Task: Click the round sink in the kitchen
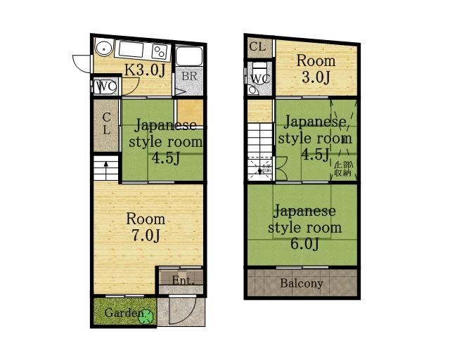tap(103, 49)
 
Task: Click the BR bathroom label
tap(189, 76)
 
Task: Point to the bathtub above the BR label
tap(189, 56)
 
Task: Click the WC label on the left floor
tap(105, 86)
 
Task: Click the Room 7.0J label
tap(146, 227)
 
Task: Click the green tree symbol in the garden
tap(146, 316)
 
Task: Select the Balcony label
tap(302, 284)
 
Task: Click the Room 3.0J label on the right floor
tap(315, 69)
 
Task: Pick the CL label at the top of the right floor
tap(257, 47)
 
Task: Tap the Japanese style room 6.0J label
tap(304, 227)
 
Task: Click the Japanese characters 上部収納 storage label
tap(342, 168)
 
